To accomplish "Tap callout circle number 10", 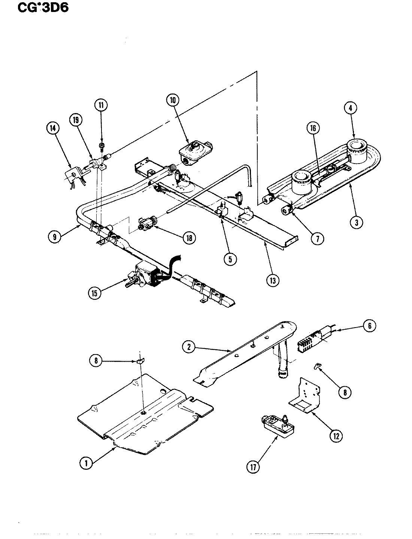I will coord(172,100).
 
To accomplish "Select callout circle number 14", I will coord(53,128).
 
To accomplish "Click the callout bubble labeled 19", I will coord(76,119).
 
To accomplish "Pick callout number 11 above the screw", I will coord(100,106).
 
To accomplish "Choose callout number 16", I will coord(313,128).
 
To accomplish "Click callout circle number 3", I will coord(357,222).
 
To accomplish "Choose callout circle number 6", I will coord(369,326).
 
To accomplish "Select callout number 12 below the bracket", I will coord(336,435).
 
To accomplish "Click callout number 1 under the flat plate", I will coord(86,463).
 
